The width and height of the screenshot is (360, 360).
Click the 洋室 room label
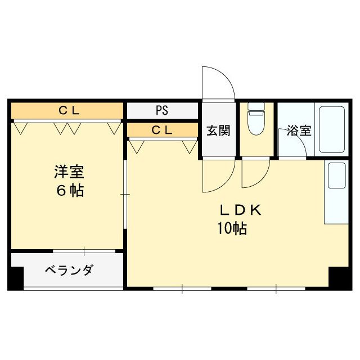[69, 170]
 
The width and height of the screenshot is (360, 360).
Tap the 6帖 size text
[69, 191]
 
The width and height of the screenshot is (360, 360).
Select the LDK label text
[240, 210]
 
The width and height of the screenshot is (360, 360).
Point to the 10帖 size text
[231, 229]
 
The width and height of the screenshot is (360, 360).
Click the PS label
[162, 110]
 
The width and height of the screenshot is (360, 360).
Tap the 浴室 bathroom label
[299, 131]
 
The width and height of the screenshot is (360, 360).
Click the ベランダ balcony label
[69, 270]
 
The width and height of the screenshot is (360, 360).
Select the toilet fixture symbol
[256, 120]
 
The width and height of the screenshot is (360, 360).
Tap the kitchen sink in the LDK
[336, 175]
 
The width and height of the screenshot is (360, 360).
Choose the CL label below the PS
[162, 130]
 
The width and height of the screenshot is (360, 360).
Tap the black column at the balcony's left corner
[16, 278]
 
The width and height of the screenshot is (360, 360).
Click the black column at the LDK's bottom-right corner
[339, 278]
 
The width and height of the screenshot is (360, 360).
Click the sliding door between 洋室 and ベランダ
[84, 250]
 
